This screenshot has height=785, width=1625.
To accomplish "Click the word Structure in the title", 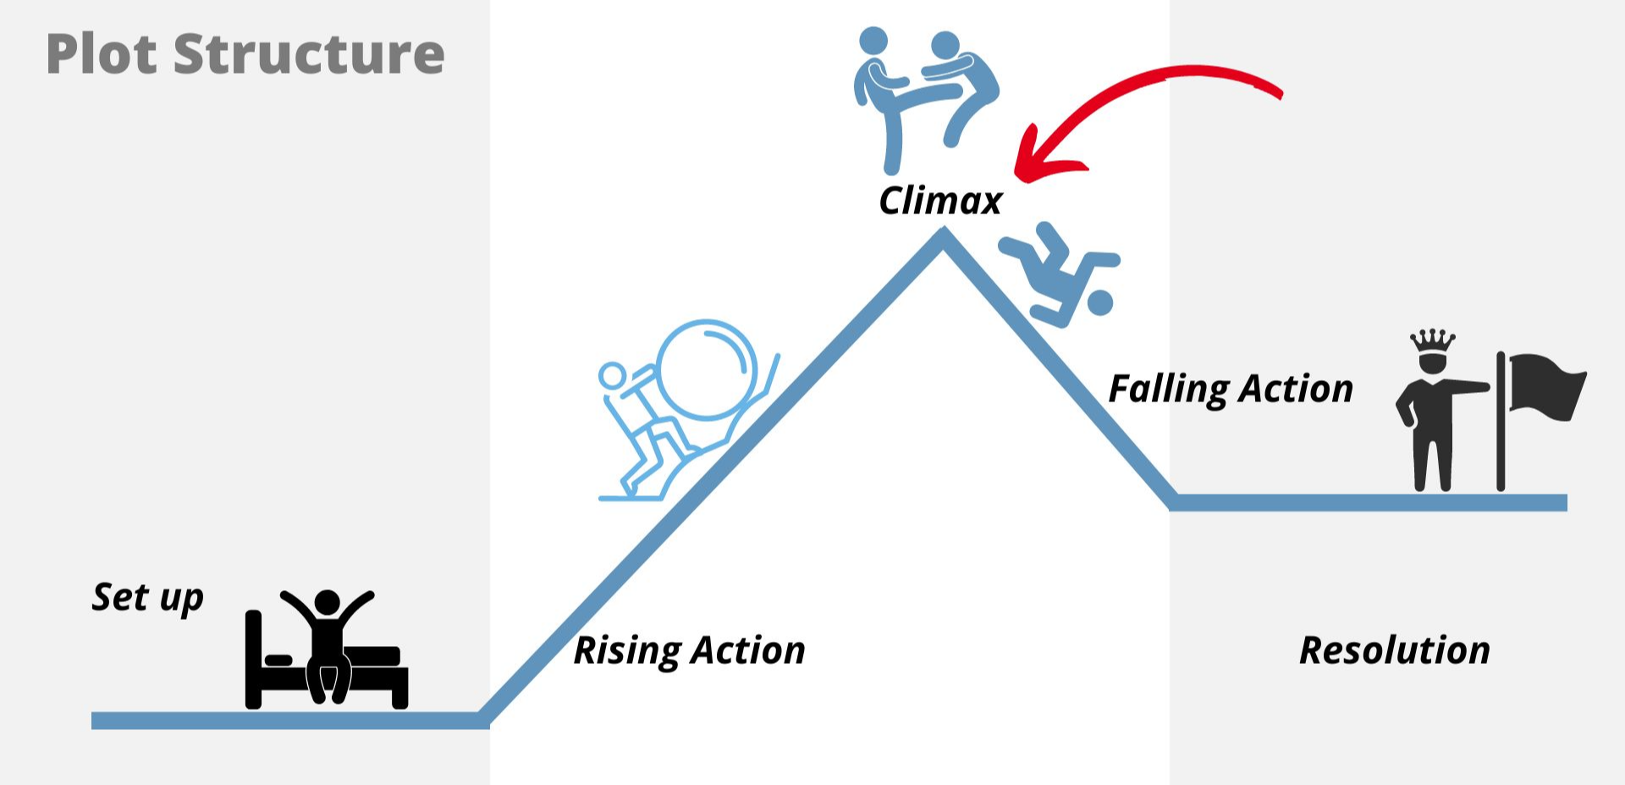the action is [x=309, y=54].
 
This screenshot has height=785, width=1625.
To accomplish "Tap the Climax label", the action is [x=939, y=202].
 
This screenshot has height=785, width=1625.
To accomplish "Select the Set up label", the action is [x=147, y=598].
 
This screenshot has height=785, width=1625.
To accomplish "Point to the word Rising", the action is [x=626, y=651].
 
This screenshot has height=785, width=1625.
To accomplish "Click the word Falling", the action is [x=1168, y=390].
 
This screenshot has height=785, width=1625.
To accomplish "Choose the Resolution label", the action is [x=1394, y=650].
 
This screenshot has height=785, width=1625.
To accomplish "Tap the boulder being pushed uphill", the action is [x=706, y=369].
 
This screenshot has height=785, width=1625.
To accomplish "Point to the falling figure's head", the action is [x=1099, y=302].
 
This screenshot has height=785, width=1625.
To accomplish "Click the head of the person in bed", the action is [x=327, y=603].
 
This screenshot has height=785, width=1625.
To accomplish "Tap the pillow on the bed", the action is [x=278, y=659].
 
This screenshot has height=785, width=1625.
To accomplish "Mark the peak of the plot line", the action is [x=943, y=237].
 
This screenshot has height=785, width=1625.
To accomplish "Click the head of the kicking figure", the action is [x=873, y=40].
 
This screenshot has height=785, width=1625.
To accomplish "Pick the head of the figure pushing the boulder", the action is [x=612, y=375].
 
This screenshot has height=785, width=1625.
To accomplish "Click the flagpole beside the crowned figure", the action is [x=1501, y=423].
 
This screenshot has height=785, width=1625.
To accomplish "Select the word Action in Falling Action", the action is [x=1296, y=390].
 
